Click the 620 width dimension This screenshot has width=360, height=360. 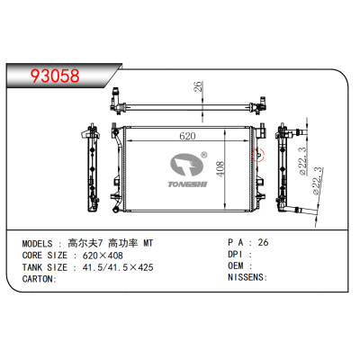[x=187, y=137]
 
